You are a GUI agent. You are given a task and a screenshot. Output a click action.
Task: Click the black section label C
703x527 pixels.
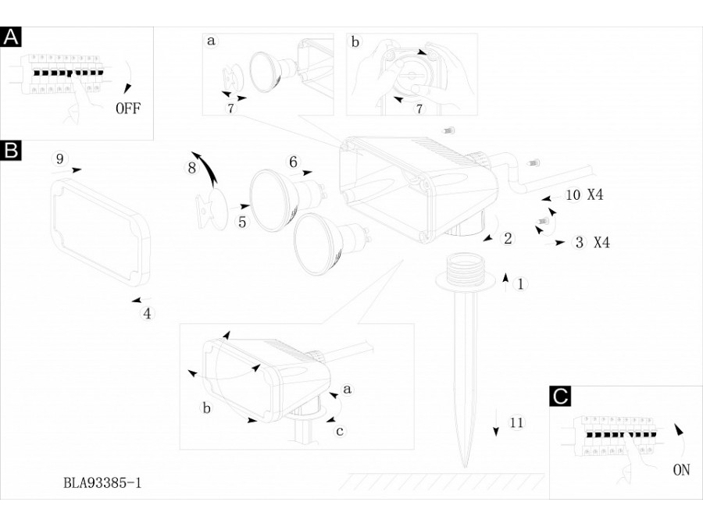(560, 396)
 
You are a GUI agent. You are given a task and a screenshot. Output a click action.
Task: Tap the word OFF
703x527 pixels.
(128, 109)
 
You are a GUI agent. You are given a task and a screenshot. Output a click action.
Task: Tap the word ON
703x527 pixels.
(681, 470)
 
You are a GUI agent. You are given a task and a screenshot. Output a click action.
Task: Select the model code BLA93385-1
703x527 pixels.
(102, 483)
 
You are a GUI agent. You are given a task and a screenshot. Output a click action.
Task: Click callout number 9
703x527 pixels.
(59, 159)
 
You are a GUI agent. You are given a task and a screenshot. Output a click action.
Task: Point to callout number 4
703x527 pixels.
(147, 314)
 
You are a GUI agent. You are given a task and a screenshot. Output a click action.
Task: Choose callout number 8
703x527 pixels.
(191, 168)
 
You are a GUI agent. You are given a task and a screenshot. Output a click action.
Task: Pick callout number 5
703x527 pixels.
(242, 223)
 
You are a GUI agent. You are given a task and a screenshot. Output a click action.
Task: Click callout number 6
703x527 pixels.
(293, 162)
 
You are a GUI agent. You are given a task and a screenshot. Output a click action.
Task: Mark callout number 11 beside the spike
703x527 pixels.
(516, 423)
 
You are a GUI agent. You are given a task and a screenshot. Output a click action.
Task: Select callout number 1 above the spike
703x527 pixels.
(521, 284)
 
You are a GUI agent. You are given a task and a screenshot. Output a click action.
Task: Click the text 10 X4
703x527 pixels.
(583, 195)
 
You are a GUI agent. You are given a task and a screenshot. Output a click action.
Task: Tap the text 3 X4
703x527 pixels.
(591, 243)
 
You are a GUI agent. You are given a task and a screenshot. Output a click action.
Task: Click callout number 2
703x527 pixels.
(508, 239)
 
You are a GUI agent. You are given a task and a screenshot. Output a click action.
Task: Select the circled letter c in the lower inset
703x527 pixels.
(340, 430)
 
